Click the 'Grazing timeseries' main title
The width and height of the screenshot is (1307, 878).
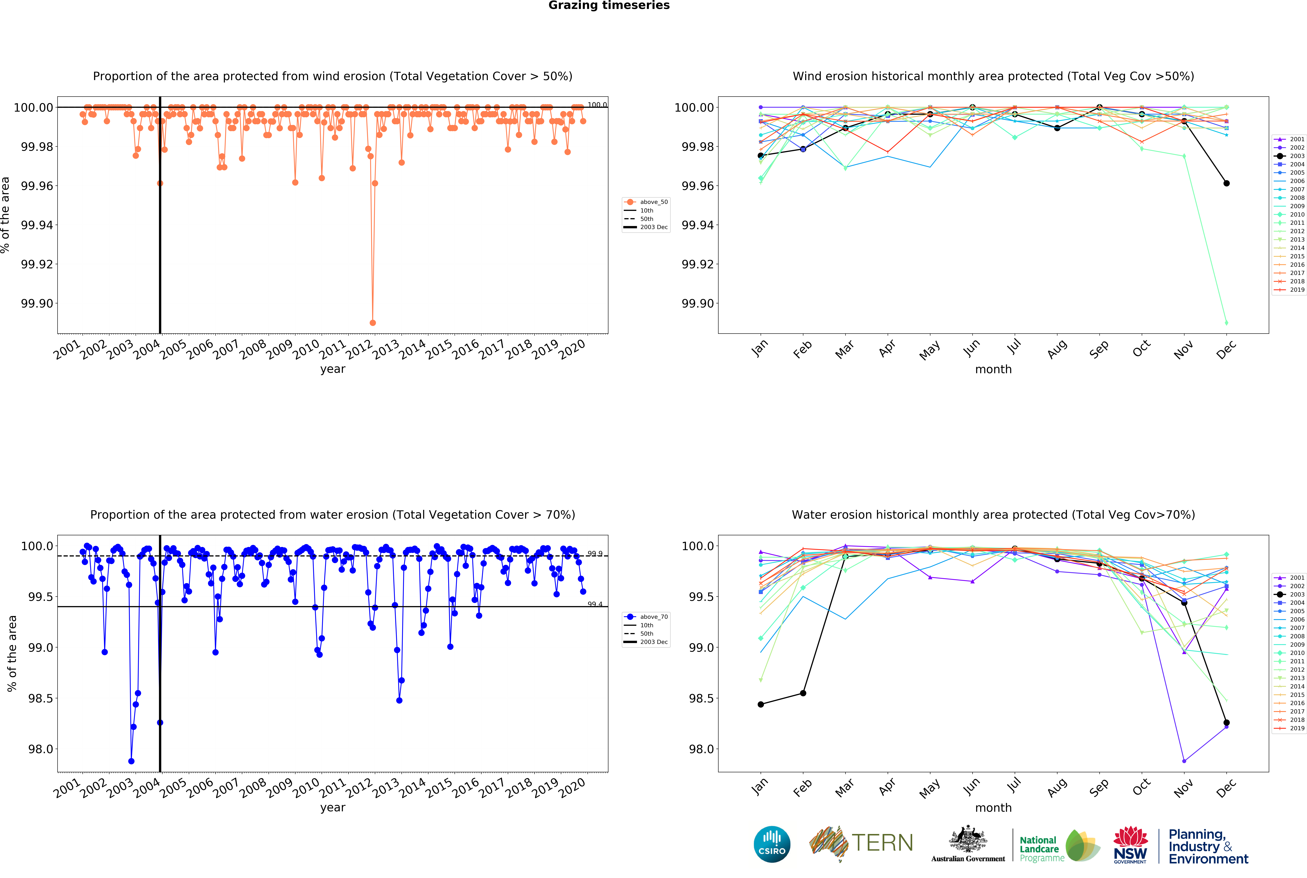(609, 6)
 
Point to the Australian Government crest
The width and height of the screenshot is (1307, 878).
(968, 840)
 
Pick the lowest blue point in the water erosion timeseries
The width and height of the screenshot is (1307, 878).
(131, 761)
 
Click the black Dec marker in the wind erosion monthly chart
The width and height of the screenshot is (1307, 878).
(1226, 183)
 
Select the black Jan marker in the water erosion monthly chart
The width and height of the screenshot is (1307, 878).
(760, 704)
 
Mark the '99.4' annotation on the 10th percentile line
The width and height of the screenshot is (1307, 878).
(595, 604)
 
